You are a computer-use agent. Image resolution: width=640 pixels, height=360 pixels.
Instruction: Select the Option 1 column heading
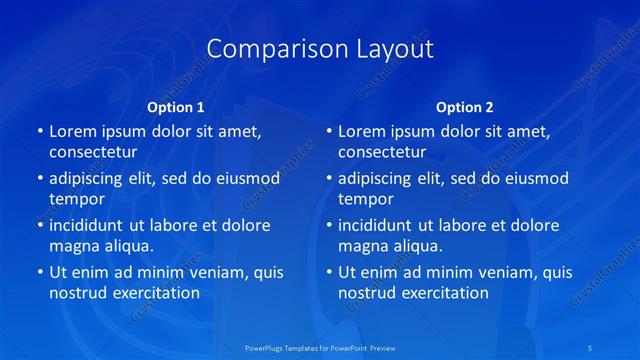tap(176, 107)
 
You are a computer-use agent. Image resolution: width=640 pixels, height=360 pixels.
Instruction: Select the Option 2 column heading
tap(465, 107)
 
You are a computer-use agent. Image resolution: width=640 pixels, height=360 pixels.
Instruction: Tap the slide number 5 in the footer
tap(591, 346)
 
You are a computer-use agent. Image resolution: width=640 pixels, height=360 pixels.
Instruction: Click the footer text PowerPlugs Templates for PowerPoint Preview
tap(320, 346)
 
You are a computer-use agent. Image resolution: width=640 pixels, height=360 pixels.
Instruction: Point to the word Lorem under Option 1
tap(73, 131)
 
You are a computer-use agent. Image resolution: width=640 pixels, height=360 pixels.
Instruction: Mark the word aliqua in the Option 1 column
tap(127, 246)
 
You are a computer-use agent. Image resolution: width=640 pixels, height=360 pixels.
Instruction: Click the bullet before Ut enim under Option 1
tap(39, 272)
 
